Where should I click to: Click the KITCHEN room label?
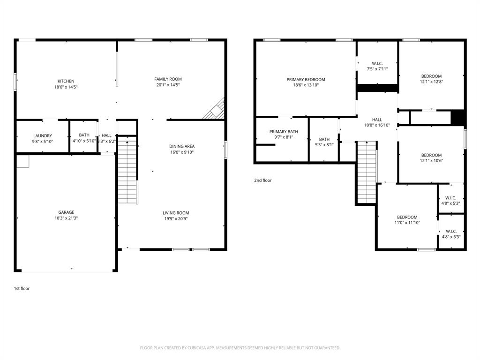(x=66, y=81)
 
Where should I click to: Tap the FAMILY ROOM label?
(x=168, y=79)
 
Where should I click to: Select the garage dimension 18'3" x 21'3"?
(x=66, y=218)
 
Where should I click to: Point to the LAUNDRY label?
(x=42, y=135)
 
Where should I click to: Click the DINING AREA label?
(x=182, y=146)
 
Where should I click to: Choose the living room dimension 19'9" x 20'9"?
(x=176, y=219)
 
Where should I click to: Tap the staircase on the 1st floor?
(x=127, y=170)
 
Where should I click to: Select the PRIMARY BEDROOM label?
(x=306, y=80)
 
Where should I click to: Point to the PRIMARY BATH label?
(x=283, y=132)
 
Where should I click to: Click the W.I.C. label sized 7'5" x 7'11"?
(x=377, y=63)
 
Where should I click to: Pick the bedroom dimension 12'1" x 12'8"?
(x=431, y=82)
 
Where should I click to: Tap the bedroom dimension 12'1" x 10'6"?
(x=431, y=161)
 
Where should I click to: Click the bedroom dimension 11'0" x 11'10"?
(x=407, y=223)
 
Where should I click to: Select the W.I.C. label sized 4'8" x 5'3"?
(x=451, y=198)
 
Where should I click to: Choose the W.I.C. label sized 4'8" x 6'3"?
(x=451, y=231)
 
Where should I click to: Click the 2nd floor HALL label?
(x=377, y=120)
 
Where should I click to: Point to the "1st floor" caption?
(x=22, y=289)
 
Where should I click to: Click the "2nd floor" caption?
(x=262, y=180)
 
